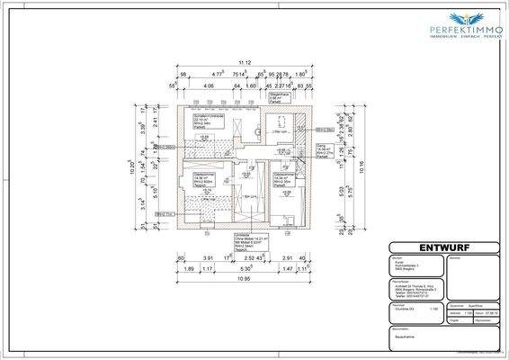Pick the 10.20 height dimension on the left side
pyautogui.click(x=131, y=166)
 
